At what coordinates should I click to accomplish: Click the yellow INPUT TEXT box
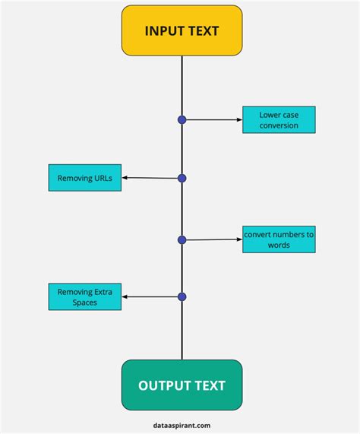tap(182, 30)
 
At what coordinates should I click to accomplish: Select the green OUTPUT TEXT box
tap(182, 385)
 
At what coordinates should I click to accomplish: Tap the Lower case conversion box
tap(279, 120)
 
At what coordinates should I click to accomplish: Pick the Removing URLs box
tap(85, 178)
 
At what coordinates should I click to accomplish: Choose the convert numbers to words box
tap(279, 239)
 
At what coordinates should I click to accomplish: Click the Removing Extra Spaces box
tap(85, 296)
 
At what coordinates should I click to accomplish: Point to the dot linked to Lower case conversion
tap(182, 120)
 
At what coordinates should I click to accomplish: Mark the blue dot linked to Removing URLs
tap(182, 179)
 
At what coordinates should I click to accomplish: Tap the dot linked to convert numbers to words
tap(182, 240)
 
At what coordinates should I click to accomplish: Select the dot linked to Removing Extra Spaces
tap(182, 297)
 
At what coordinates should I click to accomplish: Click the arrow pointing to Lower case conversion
tap(214, 120)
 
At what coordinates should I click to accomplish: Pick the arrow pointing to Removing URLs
tap(150, 178)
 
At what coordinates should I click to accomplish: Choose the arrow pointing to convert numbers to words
tap(214, 239)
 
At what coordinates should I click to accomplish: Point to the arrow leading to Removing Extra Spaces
tap(150, 296)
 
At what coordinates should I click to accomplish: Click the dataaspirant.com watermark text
tap(182, 426)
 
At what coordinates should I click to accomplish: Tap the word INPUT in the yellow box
tap(163, 30)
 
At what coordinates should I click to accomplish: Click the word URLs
tap(103, 178)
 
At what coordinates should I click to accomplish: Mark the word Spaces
tap(85, 303)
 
